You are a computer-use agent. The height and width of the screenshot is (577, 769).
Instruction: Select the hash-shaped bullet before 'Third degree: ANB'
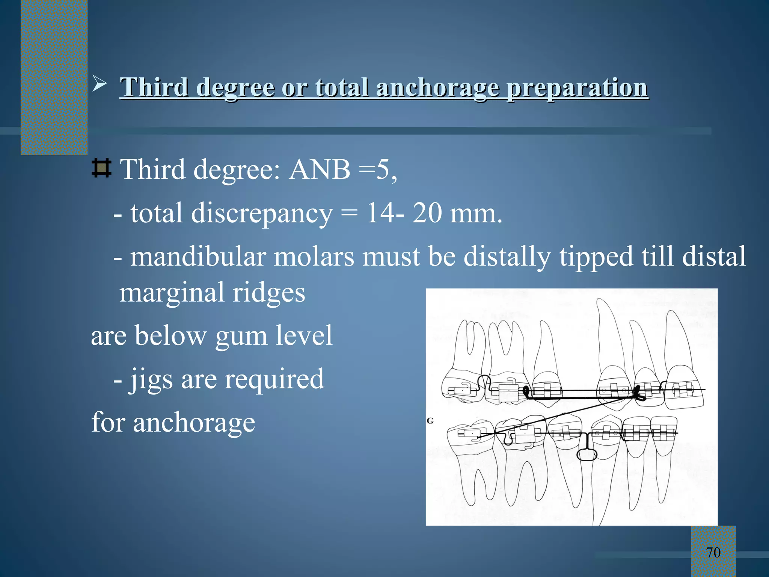click(101, 168)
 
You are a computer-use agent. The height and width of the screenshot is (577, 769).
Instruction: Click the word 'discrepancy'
click(262, 214)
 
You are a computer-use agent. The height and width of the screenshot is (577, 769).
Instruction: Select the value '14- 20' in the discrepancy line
click(404, 213)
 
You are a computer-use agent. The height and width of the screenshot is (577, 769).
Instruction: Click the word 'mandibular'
click(198, 257)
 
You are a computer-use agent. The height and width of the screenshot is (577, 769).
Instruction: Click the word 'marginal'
click(172, 293)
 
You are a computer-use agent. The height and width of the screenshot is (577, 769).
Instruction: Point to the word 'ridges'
click(268, 293)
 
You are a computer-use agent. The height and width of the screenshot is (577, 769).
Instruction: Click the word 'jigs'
click(151, 379)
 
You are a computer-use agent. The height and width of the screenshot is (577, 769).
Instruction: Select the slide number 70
click(713, 553)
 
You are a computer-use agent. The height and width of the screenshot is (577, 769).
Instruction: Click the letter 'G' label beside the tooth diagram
click(430, 421)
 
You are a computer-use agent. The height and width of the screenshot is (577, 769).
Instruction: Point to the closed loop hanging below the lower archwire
click(586, 455)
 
